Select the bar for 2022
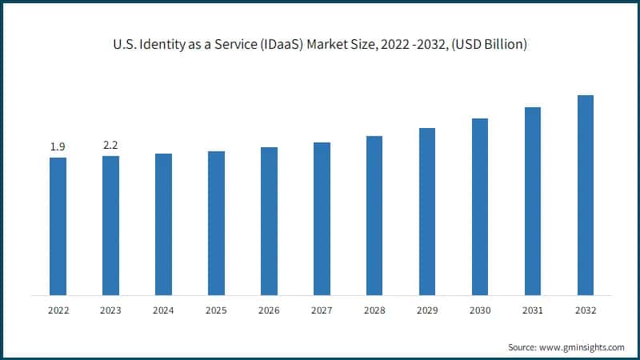click(58, 226)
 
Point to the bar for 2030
click(480, 206)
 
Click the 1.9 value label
click(58, 146)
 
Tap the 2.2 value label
click(110, 145)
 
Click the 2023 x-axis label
click(110, 310)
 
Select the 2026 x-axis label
click(269, 310)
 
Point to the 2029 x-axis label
click(427, 310)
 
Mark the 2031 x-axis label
click(533, 310)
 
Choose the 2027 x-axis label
click(322, 310)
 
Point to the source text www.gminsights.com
click(582, 347)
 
